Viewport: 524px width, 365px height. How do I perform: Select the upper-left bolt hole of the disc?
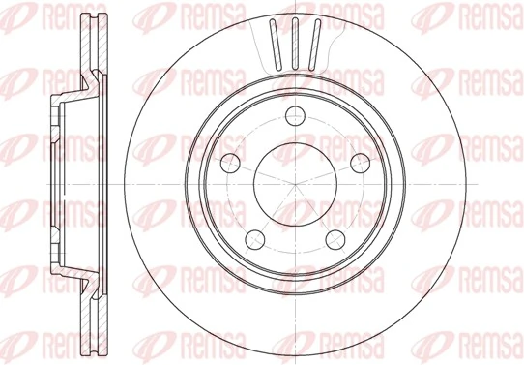tap(230, 162)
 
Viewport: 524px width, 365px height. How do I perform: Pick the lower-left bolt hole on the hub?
tap(255, 234)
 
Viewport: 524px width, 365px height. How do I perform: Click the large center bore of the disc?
tap(294, 183)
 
